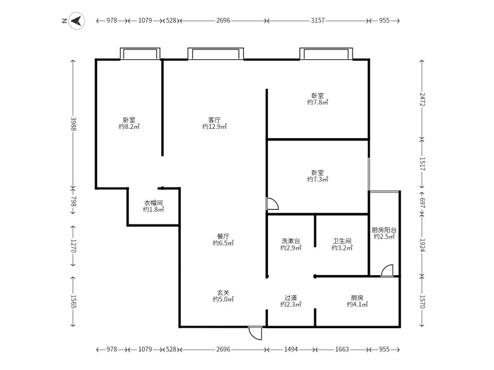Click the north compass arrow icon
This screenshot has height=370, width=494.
(x=77, y=21)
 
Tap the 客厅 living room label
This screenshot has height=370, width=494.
(x=214, y=120)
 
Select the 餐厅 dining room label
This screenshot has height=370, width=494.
(x=223, y=236)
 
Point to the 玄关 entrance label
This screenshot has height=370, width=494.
(x=223, y=292)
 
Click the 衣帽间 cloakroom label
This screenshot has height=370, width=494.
(x=153, y=203)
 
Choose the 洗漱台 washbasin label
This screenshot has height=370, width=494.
(x=290, y=241)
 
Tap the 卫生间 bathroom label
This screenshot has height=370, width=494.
(x=342, y=241)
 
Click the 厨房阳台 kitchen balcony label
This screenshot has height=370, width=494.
(x=383, y=230)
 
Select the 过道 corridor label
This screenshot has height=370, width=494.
(x=290, y=298)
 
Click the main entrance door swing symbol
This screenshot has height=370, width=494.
(x=255, y=333)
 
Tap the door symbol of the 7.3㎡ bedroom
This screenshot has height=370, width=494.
(x=272, y=203)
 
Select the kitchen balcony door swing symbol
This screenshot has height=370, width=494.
(x=387, y=271)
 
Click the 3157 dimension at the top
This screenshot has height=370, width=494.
(x=317, y=20)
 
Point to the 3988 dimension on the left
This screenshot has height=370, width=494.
(x=73, y=124)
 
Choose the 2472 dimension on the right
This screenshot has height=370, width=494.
(x=422, y=99)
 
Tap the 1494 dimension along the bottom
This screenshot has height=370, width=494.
(x=290, y=349)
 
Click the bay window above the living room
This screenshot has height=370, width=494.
(x=216, y=54)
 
